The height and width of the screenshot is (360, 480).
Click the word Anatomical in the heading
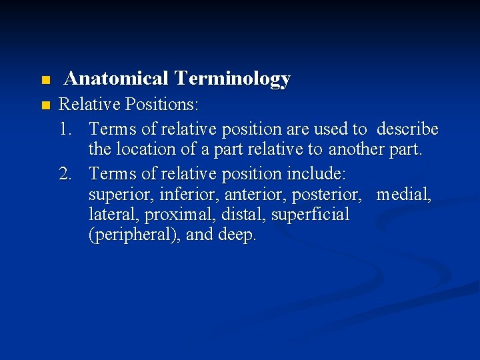point(116,79)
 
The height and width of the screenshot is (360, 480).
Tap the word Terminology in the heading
point(232,79)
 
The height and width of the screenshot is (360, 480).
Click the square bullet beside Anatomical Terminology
point(45,81)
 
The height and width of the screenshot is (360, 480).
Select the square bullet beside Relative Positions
point(45,105)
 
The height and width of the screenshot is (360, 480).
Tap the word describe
point(407,127)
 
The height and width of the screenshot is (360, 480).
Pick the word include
point(316,173)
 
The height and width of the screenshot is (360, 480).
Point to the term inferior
point(181,195)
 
